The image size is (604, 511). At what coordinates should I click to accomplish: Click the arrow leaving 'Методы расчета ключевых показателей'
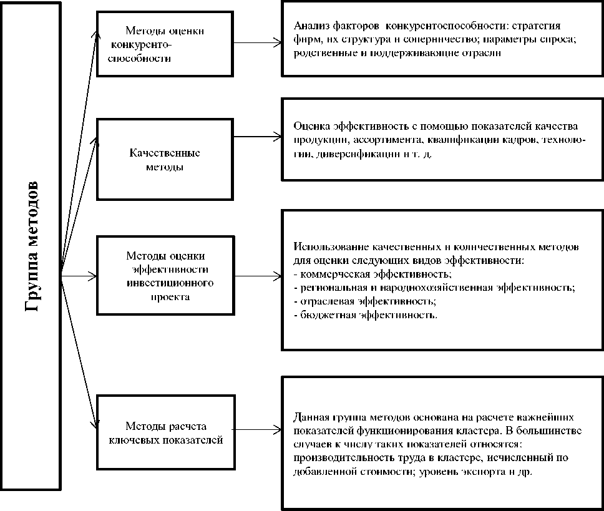256,429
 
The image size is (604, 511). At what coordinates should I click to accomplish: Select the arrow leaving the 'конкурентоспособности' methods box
256,43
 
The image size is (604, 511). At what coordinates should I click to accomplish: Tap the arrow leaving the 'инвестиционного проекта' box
256,274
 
